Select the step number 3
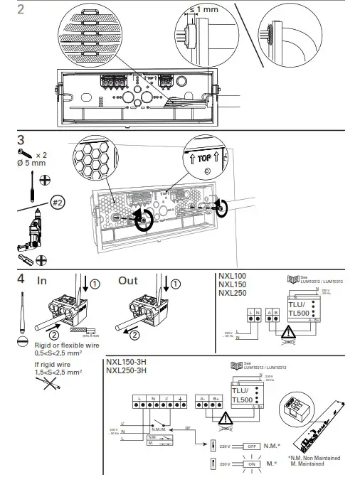21,140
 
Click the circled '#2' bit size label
58,201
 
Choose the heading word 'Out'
128,280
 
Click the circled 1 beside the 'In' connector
95,283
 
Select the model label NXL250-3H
128,370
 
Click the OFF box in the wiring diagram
253,446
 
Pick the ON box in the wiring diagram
253,464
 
